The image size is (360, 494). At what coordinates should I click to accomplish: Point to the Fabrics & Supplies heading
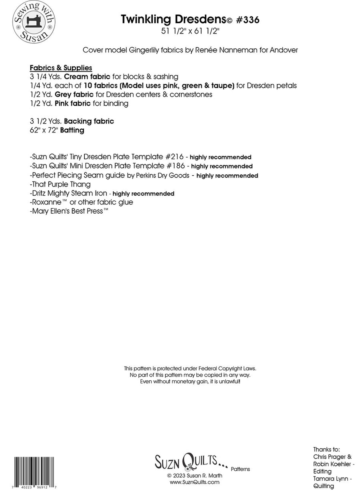point(61,68)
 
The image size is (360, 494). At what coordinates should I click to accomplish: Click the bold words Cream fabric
point(87,76)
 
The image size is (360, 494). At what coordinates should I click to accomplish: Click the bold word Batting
point(72,130)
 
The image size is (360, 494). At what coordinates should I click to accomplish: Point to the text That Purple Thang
point(61,184)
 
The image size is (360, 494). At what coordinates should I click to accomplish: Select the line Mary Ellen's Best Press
point(69,211)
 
